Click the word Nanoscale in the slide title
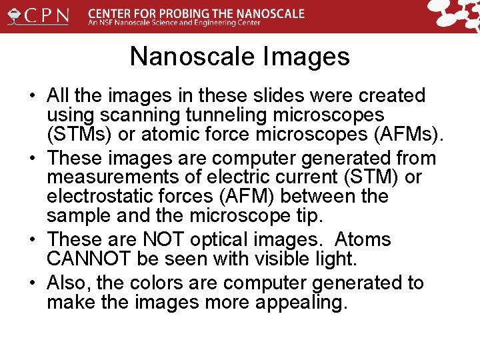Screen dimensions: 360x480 pyautogui.click(x=181, y=57)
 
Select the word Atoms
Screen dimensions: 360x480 pyautogui.click(x=363, y=239)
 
